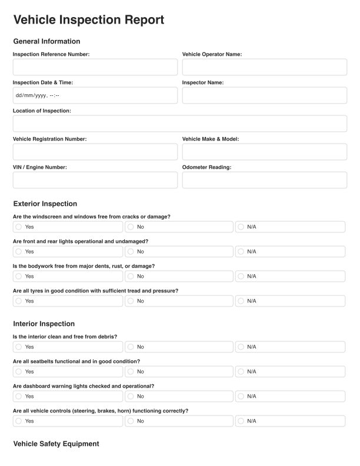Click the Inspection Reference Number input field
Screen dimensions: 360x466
95,67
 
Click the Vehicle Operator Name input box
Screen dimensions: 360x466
264,67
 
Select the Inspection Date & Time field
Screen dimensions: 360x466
95,95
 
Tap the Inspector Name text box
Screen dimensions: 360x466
264,95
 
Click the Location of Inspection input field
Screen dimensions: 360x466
179,124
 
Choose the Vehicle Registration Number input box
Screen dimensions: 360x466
95,152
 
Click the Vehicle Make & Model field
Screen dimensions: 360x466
264,152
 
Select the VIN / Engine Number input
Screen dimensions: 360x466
95,180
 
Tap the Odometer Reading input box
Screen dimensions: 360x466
264,180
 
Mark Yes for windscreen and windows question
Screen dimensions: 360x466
19,227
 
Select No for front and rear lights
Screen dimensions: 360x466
131,252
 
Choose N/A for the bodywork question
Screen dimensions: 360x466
241,277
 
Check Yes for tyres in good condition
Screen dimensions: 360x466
19,301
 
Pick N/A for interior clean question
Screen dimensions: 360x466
241,347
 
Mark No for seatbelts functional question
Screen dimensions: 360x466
131,372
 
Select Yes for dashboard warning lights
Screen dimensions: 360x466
19,397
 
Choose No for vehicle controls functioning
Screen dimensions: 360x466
131,421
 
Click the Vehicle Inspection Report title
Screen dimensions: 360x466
88,20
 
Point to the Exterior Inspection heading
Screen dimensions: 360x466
45,204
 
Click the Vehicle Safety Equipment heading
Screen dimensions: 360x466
56,444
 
